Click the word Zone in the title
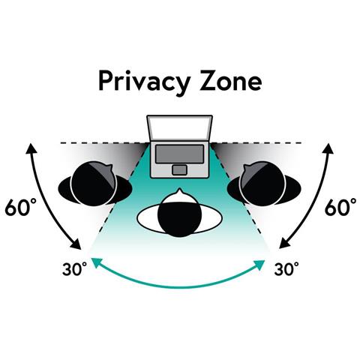click(230, 81)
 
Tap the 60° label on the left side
click(21, 207)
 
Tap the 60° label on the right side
click(340, 207)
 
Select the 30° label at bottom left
click(74, 268)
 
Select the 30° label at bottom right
click(286, 268)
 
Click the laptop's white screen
click(179, 127)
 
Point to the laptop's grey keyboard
click(179, 154)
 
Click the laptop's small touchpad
click(179, 170)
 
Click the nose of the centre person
click(179, 191)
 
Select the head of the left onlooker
click(93, 184)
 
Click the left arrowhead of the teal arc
click(95, 262)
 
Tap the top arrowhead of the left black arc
click(31, 148)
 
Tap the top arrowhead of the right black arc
click(328, 148)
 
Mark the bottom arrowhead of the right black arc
click(283, 244)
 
